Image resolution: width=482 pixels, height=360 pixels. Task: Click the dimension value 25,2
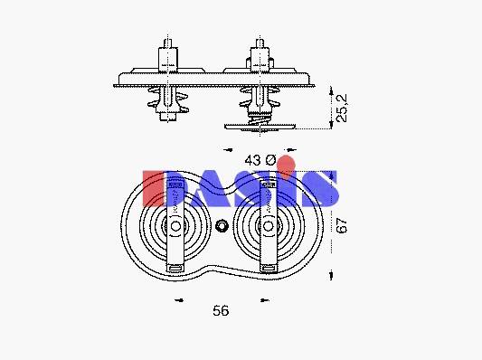pos(342,108)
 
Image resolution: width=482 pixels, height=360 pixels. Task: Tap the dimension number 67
pos(342,225)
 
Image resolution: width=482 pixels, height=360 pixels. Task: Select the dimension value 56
pos(221,311)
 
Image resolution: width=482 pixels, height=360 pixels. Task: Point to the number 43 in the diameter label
pos(252,160)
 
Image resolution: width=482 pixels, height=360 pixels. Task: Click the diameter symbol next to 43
pos(270,160)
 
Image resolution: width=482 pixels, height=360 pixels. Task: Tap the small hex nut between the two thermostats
pos(221,226)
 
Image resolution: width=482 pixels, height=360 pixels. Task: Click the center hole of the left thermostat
pos(175,226)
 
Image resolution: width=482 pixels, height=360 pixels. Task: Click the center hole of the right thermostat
pos(269,226)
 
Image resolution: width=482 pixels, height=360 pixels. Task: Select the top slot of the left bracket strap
pos(175,185)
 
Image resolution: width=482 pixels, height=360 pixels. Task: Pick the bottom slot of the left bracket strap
pos(175,268)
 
